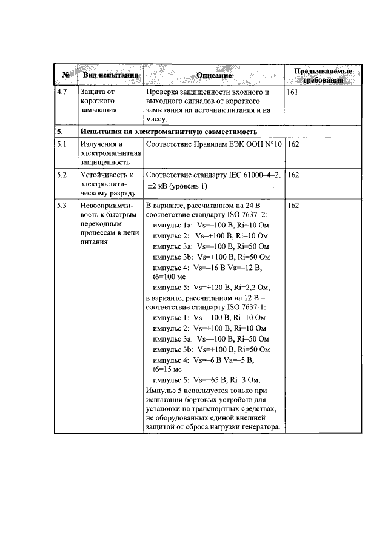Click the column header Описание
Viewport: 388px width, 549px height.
(214, 76)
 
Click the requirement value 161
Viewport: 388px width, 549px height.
(294, 92)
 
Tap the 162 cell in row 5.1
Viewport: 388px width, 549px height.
(294, 144)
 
